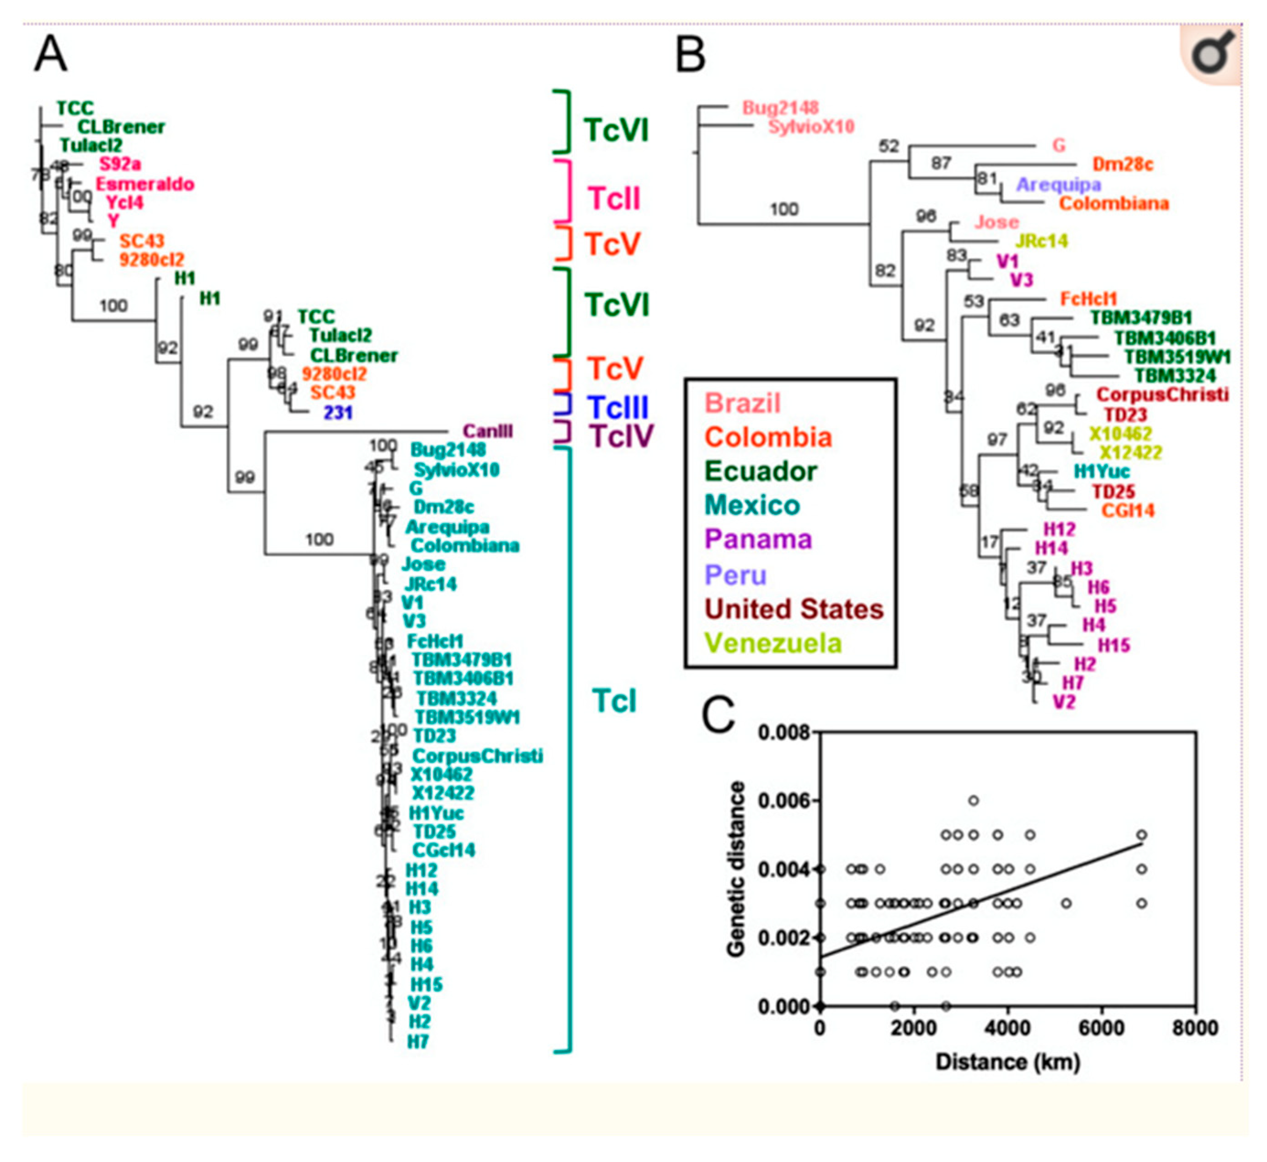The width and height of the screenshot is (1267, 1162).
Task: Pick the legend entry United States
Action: tap(794, 609)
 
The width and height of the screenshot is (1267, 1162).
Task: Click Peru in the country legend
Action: tap(735, 575)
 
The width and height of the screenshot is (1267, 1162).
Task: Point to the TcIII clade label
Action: tap(617, 408)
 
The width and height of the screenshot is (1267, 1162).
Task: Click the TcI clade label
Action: tap(614, 700)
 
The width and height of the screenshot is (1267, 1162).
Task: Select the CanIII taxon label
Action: tap(488, 431)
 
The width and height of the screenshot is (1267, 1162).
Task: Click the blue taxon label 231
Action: tap(338, 413)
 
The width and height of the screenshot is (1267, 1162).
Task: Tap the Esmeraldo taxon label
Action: tap(145, 184)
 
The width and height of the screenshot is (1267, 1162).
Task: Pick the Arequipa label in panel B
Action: tap(1058, 184)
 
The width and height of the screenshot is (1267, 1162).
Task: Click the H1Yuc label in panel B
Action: tap(1102, 471)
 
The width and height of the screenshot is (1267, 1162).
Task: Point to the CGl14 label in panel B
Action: tap(1127, 510)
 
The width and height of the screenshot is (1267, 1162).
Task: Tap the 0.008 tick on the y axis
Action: tap(784, 732)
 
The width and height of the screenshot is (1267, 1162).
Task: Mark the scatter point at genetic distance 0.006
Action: tap(973, 801)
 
